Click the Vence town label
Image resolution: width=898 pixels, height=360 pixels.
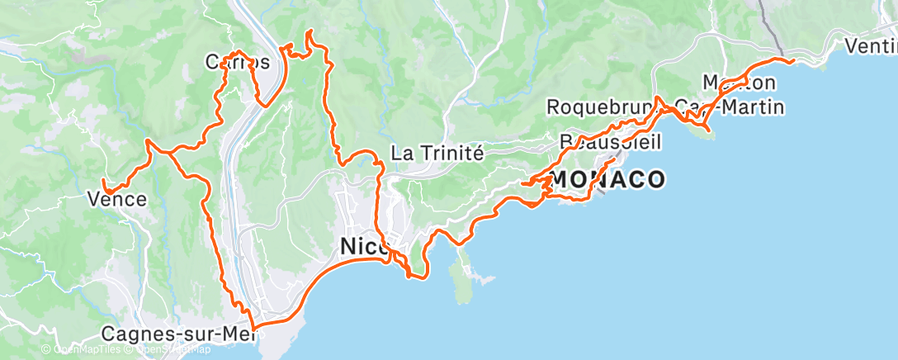click(117, 199)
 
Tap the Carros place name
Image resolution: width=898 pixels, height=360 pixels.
click(237, 62)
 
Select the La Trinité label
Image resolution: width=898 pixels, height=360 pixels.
click(436, 153)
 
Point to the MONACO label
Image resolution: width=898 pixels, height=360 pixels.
click(608, 179)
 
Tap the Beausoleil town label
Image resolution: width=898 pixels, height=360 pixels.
click(611, 142)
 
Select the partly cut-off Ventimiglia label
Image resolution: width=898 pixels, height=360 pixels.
click(871, 47)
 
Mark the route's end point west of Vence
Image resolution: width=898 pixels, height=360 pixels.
click(103, 181)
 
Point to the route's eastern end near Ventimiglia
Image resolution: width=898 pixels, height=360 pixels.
click(792, 60)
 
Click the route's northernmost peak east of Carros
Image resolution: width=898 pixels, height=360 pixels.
click(310, 31)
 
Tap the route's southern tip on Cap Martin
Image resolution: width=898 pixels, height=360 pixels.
click(708, 130)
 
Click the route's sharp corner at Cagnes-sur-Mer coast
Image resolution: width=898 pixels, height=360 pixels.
click(253, 329)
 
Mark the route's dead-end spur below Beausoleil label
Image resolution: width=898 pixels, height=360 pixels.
click(615, 159)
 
